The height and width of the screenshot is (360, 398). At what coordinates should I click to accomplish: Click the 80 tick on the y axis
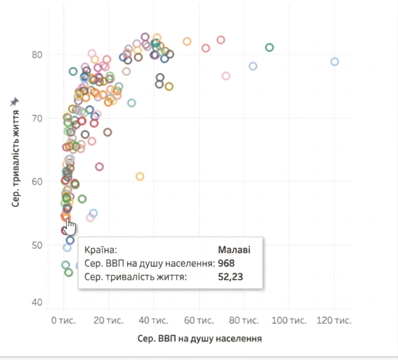tap(37, 55)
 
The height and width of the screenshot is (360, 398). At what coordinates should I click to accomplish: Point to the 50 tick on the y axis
tap(37, 245)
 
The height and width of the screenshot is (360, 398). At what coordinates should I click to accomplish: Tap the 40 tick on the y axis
tap(37, 302)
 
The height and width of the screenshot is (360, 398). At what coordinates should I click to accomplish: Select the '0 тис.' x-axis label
tap(63, 321)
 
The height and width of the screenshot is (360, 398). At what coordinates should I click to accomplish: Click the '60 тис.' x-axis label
tap(199, 321)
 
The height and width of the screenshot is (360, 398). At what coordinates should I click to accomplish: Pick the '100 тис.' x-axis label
tap(289, 321)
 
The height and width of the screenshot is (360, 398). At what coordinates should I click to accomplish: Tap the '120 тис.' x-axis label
tap(334, 321)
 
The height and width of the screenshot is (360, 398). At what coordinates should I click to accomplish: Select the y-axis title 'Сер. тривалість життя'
tap(15, 159)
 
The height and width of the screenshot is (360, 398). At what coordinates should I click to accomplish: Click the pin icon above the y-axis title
tap(14, 102)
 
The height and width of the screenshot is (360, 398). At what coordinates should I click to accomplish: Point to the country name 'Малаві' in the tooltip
tap(234, 250)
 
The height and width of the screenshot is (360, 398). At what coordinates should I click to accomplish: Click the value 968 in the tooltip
tap(226, 263)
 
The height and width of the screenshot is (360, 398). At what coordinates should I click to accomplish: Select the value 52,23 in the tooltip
tap(230, 277)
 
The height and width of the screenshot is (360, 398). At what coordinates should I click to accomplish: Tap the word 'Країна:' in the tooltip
tap(101, 250)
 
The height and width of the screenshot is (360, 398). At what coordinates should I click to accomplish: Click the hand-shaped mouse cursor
tap(70, 226)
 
